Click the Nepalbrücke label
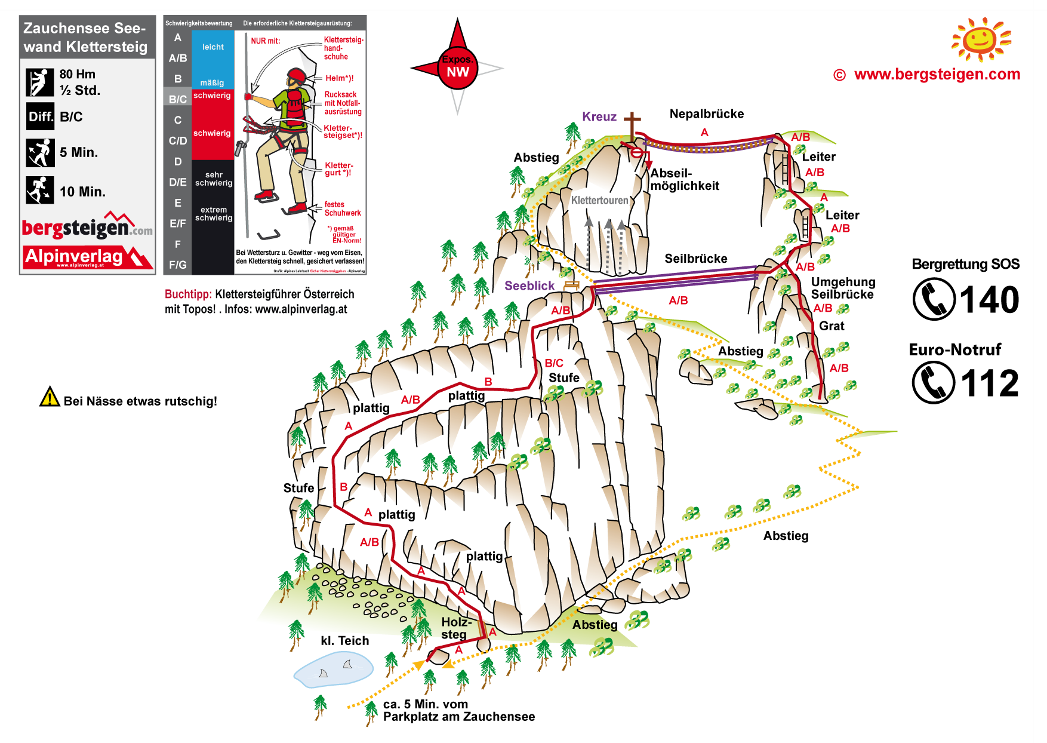(x=706, y=114)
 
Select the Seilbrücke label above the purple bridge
(x=695, y=259)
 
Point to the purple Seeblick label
(x=529, y=286)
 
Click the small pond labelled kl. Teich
(x=333, y=670)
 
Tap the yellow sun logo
(x=981, y=39)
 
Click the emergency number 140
(x=989, y=300)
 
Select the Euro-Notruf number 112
(x=989, y=383)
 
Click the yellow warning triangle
(x=50, y=398)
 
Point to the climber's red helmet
(x=296, y=76)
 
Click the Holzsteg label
(x=456, y=628)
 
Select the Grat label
(x=832, y=326)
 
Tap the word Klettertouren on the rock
(x=599, y=201)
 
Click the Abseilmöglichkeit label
(x=684, y=180)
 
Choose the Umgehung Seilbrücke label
(x=843, y=288)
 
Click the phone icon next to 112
(x=934, y=383)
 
